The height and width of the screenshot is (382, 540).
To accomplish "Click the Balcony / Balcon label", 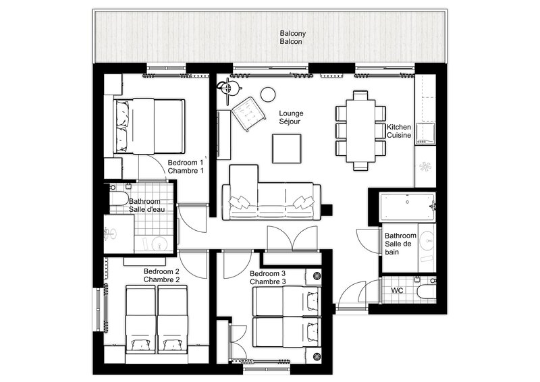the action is (293, 38).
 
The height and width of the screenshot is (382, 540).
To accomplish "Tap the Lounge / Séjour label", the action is (291, 117).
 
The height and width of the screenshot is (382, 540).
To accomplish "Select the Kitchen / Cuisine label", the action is (399, 131).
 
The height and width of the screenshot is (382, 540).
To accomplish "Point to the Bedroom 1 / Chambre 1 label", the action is (186, 167).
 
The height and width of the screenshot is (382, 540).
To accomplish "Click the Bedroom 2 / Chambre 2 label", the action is (161, 275).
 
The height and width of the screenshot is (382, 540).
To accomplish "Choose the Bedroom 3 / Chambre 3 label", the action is (268, 277).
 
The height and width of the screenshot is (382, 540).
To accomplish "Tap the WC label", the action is (397, 290).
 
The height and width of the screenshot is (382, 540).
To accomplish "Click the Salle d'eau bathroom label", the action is (146, 205).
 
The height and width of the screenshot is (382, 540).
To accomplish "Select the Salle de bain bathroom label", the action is (400, 244).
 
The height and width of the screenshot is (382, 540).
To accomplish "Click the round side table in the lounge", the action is (268, 94).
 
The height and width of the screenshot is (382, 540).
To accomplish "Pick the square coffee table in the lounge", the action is (286, 148).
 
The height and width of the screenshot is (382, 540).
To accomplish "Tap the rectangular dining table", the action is (360, 130).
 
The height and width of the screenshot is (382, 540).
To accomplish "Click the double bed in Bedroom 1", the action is (148, 126).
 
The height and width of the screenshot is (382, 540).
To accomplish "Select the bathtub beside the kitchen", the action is (408, 207).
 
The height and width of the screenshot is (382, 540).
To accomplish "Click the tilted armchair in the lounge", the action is (248, 114).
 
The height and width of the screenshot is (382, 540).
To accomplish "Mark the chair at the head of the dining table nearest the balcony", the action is (360, 95).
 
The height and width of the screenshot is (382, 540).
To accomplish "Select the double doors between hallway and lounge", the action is (292, 238).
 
